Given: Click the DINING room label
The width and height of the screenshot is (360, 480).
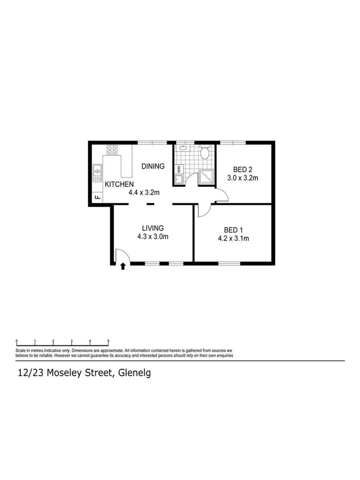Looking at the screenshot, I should pyautogui.click(x=153, y=166).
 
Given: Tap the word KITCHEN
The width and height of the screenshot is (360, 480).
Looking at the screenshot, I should pyautogui.click(x=119, y=184).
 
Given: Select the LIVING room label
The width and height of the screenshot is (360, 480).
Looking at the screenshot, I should pyautogui.click(x=152, y=228).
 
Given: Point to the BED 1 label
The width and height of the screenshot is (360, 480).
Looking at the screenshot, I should pyautogui.click(x=234, y=230).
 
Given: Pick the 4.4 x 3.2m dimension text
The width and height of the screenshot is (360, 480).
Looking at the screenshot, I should pyautogui.click(x=145, y=193).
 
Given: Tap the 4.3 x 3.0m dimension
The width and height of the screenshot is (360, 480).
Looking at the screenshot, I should pyautogui.click(x=153, y=237).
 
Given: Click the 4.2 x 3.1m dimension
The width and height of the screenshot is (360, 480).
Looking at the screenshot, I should pyautogui.click(x=234, y=239).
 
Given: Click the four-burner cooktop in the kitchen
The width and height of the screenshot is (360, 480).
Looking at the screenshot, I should pyautogui.click(x=112, y=150).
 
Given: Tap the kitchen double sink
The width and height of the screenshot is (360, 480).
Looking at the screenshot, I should pyautogui.click(x=97, y=171).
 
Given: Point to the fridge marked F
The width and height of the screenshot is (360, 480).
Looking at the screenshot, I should pyautogui.click(x=97, y=197).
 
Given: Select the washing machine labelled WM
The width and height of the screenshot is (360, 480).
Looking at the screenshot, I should pyautogui.click(x=178, y=169).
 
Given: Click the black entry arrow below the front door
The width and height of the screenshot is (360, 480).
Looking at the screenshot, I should pyautogui.click(x=123, y=265).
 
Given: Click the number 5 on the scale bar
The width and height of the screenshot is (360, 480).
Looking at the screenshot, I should pyautogui.click(x=108, y=340).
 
